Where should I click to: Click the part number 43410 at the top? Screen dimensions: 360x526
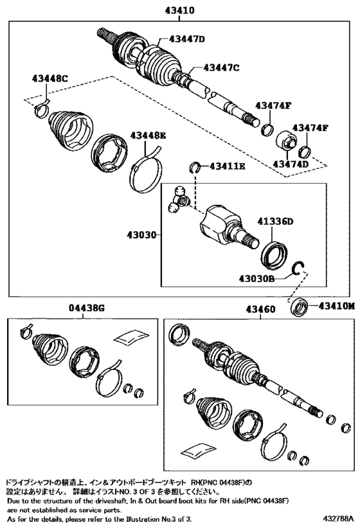point(179,10)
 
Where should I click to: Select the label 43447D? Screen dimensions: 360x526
point(186,39)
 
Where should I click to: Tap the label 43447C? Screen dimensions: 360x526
point(221,68)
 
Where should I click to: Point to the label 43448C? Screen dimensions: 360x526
point(50,79)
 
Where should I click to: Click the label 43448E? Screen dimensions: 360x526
point(148,136)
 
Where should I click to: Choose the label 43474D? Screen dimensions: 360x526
point(291,164)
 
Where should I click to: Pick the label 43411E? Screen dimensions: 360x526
point(228,166)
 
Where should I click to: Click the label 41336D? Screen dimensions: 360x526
point(275,222)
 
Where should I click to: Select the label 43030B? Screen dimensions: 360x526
point(256,279)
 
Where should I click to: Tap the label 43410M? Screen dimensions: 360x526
point(336,306)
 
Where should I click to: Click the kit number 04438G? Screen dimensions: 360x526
point(86,308)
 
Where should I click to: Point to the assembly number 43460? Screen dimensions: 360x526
point(260,309)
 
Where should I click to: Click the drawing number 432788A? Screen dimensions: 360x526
point(339,518)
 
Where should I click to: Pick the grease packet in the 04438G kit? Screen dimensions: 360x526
point(131,337)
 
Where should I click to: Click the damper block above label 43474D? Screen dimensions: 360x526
point(286,140)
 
